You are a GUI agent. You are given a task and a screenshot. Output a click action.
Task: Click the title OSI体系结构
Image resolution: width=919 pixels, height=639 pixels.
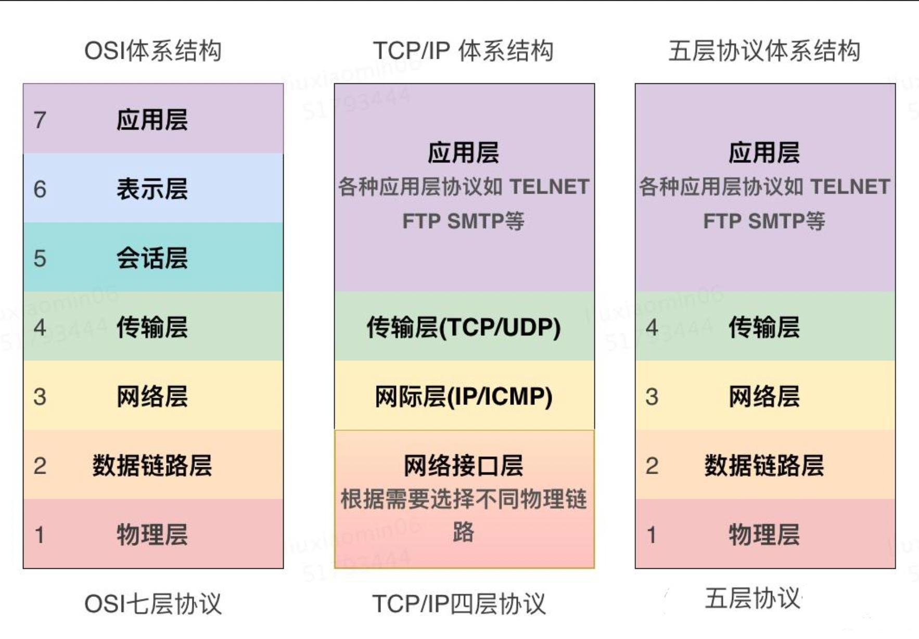pyautogui.click(x=152, y=51)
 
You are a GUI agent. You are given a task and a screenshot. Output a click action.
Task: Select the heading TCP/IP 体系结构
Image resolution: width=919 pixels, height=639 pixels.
pyautogui.click(x=463, y=51)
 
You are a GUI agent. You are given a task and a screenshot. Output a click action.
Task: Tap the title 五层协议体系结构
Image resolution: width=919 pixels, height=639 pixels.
pyautogui.click(x=764, y=51)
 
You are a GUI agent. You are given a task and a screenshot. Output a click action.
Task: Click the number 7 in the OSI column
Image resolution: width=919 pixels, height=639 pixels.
pyautogui.click(x=40, y=120)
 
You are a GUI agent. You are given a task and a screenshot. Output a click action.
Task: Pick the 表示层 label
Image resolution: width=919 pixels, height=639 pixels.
pyautogui.click(x=152, y=189)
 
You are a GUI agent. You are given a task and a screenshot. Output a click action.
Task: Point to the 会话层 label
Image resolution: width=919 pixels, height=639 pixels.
pyautogui.click(x=152, y=258)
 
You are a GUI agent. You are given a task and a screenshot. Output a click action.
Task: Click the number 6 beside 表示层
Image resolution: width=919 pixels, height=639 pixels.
pyautogui.click(x=40, y=189)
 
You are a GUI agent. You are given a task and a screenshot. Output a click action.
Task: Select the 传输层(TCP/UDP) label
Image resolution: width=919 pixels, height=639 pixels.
pyautogui.click(x=463, y=327)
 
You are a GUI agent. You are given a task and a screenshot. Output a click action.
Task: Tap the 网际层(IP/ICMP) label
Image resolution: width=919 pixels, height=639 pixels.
pyautogui.click(x=463, y=397)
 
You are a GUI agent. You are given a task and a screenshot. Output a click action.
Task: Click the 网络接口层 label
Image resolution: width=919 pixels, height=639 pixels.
pyautogui.click(x=463, y=465)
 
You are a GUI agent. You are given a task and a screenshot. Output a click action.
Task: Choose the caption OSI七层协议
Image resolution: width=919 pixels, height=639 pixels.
pyautogui.click(x=152, y=604)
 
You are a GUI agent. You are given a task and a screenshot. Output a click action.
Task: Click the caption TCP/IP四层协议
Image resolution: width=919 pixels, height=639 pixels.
pyautogui.click(x=458, y=604)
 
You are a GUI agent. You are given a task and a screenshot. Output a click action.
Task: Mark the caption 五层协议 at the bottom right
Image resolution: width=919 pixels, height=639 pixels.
pyautogui.click(x=752, y=598)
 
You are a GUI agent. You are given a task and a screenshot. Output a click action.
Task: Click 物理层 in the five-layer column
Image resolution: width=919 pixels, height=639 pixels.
pyautogui.click(x=764, y=534)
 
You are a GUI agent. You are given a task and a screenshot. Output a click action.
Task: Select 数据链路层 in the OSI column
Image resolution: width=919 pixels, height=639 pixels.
pyautogui.click(x=152, y=465)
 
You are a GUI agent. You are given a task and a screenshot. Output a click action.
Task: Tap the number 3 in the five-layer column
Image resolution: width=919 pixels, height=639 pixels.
pyautogui.click(x=652, y=397)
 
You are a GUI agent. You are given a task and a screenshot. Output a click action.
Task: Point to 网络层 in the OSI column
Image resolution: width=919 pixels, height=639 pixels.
pyautogui.click(x=152, y=397)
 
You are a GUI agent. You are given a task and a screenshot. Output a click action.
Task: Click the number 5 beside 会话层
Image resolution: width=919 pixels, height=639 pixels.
pyautogui.click(x=40, y=259)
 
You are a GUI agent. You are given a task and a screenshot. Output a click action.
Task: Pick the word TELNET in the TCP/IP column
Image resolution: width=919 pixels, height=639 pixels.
pyautogui.click(x=549, y=187)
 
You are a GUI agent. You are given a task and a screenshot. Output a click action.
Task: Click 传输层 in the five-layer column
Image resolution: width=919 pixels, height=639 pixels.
pyautogui.click(x=764, y=327)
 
